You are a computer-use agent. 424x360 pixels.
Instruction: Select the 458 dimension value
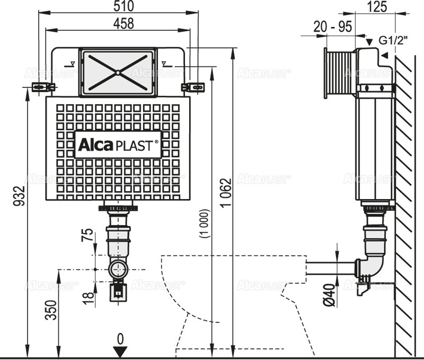pyautogui.click(x=118, y=23)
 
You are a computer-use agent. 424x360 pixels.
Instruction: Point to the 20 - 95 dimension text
pyautogui.click(x=332, y=27)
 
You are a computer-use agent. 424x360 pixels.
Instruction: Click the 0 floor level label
pyautogui.click(x=120, y=337)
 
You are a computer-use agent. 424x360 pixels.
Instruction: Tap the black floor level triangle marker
pyautogui.click(x=120, y=350)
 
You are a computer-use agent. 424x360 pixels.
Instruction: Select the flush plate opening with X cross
pyautogui.click(x=117, y=73)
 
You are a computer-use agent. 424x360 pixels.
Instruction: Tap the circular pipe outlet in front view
pyautogui.click(x=118, y=269)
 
